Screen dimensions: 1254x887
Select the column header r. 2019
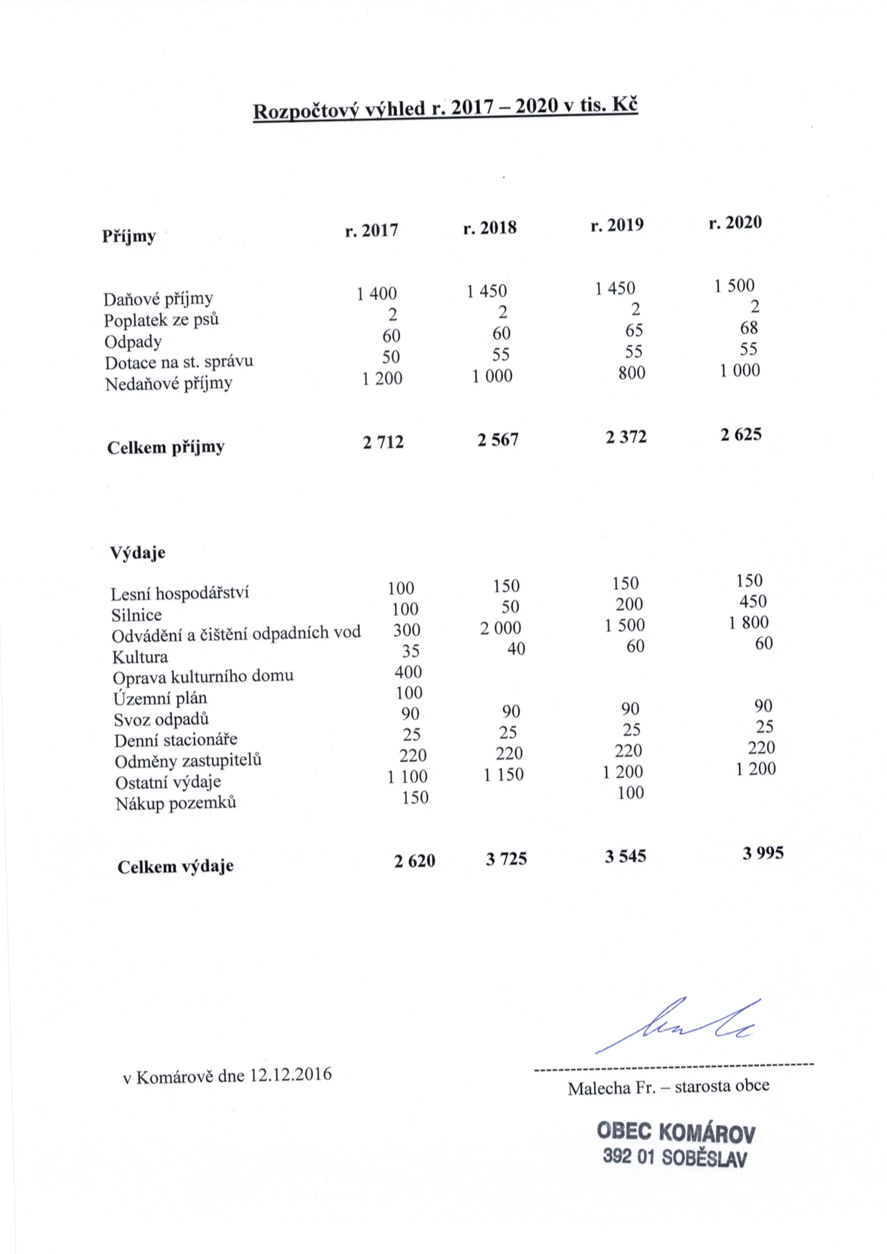pos(617,225)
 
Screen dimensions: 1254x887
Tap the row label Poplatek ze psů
pos(161,320)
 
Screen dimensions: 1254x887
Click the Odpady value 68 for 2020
pos(749,328)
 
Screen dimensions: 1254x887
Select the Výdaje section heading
pos(138,553)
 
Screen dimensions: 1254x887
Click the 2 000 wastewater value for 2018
pos(500,628)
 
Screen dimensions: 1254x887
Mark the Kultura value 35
pos(410,651)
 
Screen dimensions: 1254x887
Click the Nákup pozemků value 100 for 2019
pos(630,793)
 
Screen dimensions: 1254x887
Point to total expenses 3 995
pos(763,853)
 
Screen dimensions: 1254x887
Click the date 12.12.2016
pos(291,1075)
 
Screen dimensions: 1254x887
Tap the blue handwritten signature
pos(677,1026)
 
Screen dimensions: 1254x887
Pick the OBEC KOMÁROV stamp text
pos(676,1132)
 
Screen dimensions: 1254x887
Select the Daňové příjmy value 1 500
pos(734,286)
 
